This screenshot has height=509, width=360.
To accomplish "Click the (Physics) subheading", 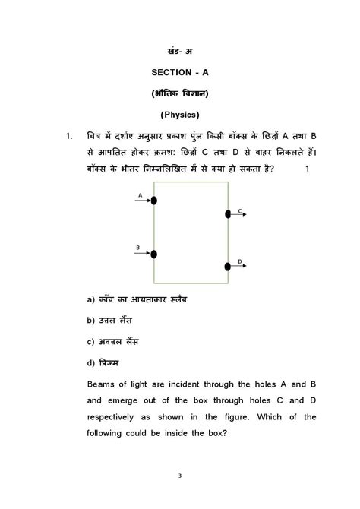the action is coord(179,115).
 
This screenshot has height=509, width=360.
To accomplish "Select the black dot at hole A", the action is coord(154,201).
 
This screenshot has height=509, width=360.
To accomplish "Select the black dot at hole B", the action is coord(154,254).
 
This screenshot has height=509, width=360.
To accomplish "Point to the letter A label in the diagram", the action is coord(140,194).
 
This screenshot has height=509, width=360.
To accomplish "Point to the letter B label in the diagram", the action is coord(138,248).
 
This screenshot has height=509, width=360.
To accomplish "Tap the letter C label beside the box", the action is coord(239,210).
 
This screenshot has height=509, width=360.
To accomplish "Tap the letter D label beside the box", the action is coord(239,261).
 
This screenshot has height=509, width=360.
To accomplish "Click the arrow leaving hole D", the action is coord(238,267).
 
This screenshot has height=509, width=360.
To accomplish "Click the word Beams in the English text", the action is coord(103,384).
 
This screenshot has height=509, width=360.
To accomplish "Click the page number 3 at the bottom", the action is coord(180,476).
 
